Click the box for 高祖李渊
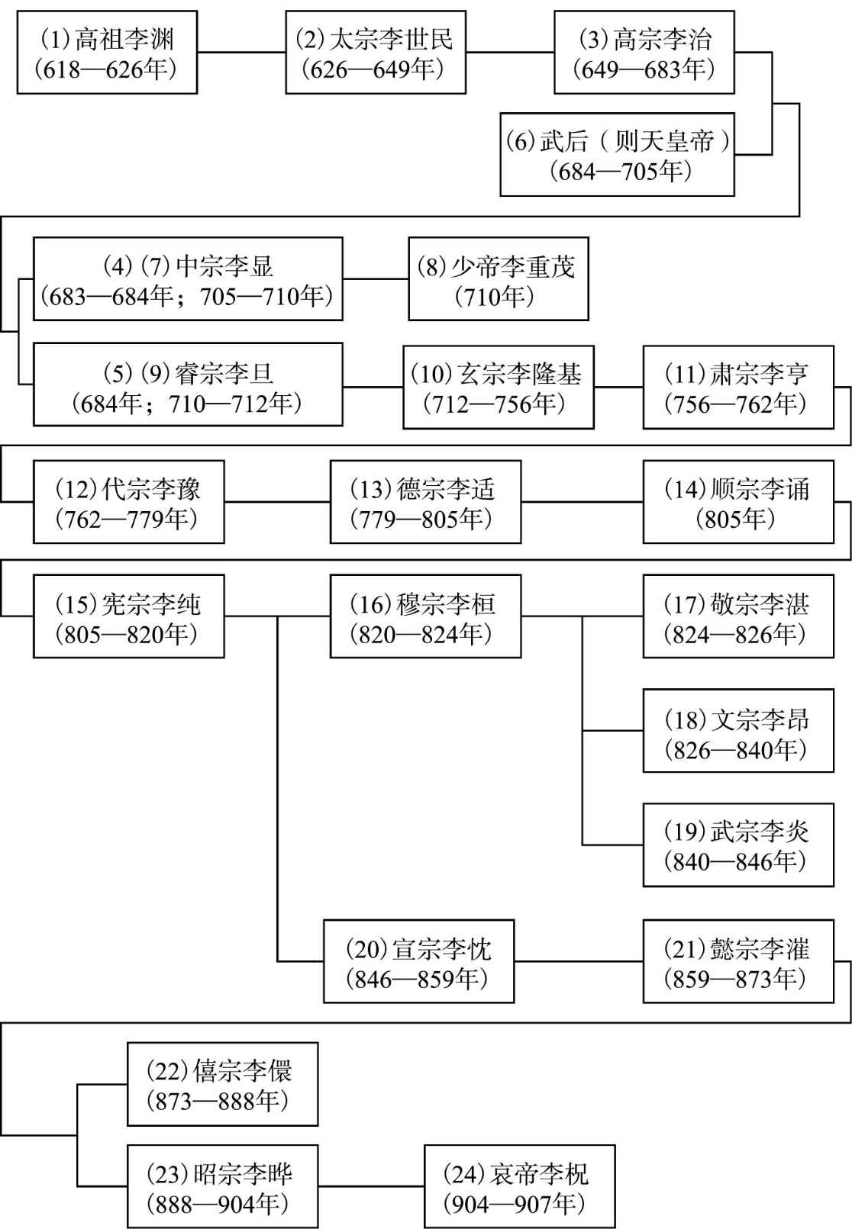(107, 52)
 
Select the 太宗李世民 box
(376, 52)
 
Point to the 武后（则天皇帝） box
(617, 154)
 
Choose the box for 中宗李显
(188, 278)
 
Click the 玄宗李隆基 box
(499, 388)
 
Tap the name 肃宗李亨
(759, 374)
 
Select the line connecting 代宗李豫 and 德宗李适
(277, 501)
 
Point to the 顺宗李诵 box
(738, 502)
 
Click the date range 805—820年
(126, 635)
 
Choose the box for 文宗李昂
(738, 731)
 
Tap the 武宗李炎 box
(738, 845)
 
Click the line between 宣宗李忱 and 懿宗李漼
(579, 961)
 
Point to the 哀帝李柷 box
(520, 1186)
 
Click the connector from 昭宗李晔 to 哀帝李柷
(371, 1186)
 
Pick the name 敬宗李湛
(759, 605)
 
